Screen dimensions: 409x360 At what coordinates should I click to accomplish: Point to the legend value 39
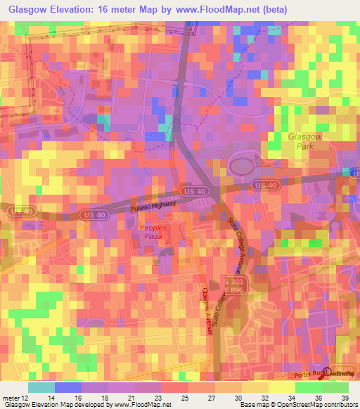pos(344,397)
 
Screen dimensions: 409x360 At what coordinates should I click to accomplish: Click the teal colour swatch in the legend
pos(41,387)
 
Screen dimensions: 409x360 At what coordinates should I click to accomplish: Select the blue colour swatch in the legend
pos(67,387)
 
